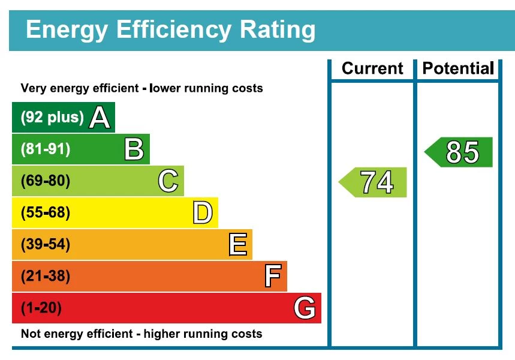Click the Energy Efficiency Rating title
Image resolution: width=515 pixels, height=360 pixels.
pos(170,29)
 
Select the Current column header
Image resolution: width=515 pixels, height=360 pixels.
pos(372,68)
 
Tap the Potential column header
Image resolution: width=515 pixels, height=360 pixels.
pos(458,68)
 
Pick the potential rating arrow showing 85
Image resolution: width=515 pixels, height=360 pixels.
pos(460,152)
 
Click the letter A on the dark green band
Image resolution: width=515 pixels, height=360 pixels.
pos(100,118)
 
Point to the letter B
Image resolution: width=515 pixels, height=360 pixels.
pos(134,149)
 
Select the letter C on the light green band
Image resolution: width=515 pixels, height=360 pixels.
pos(168,181)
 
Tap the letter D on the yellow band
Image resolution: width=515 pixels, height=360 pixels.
pos(203,213)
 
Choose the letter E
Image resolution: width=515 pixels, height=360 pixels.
pos(237,245)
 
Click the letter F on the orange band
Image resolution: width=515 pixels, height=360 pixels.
pos(272,277)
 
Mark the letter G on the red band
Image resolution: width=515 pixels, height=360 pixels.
pos(305,308)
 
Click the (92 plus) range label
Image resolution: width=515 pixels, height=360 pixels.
pos(52,118)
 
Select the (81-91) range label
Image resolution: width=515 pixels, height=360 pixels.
pos(46,149)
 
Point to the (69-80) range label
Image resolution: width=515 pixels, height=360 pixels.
pos(46,181)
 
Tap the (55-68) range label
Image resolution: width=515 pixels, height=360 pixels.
pos(46,213)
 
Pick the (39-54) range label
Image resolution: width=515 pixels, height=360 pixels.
pos(46,245)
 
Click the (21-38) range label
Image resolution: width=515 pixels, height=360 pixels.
pos(46,277)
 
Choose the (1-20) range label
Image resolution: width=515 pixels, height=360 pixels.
pos(41,308)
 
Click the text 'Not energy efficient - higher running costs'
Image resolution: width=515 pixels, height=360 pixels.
pos(141,334)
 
